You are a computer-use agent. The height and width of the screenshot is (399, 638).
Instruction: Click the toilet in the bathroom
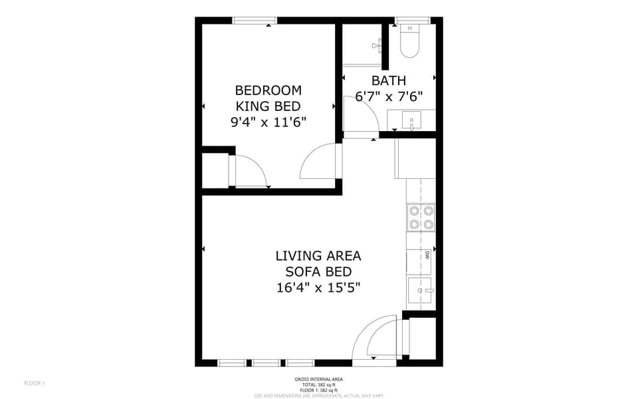tap(410, 42)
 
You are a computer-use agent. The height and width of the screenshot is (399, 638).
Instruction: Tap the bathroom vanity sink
tap(412, 121)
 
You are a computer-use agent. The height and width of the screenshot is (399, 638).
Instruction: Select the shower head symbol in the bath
tap(377, 45)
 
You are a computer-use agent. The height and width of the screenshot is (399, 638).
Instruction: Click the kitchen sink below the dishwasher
tap(421, 290)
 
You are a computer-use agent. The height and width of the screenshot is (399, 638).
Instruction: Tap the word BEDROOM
tap(268, 90)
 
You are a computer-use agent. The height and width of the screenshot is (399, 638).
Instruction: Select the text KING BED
tap(268, 106)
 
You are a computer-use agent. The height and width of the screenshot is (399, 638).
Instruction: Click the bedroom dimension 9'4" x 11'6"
tap(268, 122)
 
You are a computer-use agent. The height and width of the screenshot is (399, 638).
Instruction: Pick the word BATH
tap(389, 80)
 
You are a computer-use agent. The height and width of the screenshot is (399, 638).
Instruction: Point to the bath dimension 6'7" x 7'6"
tap(389, 96)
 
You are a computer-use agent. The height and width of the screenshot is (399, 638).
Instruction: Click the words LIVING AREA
tap(318, 255)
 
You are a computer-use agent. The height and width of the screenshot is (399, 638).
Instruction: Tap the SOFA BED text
tap(318, 271)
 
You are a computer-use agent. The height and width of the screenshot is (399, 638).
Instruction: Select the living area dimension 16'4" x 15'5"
tap(318, 287)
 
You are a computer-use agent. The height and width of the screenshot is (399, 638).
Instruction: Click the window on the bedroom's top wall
tap(255, 21)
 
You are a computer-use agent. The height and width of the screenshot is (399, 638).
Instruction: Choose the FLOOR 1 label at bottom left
tap(34, 383)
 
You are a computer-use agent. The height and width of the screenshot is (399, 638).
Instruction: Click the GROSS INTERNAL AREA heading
tap(318, 379)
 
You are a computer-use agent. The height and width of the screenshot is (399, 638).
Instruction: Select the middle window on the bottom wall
tap(266, 363)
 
